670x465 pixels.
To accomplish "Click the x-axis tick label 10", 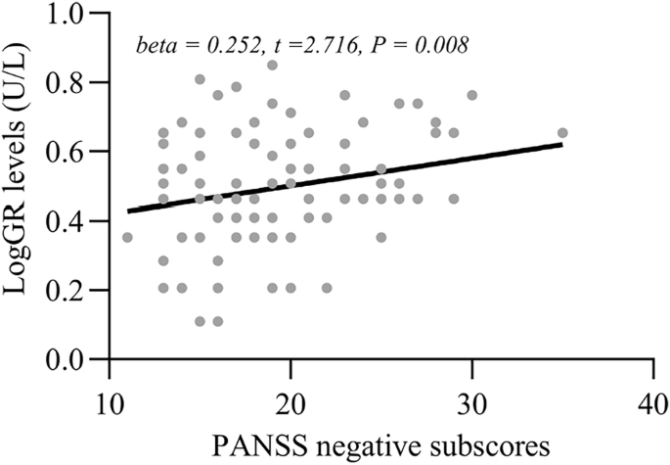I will point(110,402).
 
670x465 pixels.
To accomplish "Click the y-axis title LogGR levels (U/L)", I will point(21,186).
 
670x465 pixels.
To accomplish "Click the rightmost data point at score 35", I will point(562,133).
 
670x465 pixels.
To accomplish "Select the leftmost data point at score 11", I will point(127,237).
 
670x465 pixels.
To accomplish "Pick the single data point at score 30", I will point(472,95).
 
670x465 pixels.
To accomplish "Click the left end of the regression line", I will point(128,210).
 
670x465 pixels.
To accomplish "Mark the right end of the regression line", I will point(562,144).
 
